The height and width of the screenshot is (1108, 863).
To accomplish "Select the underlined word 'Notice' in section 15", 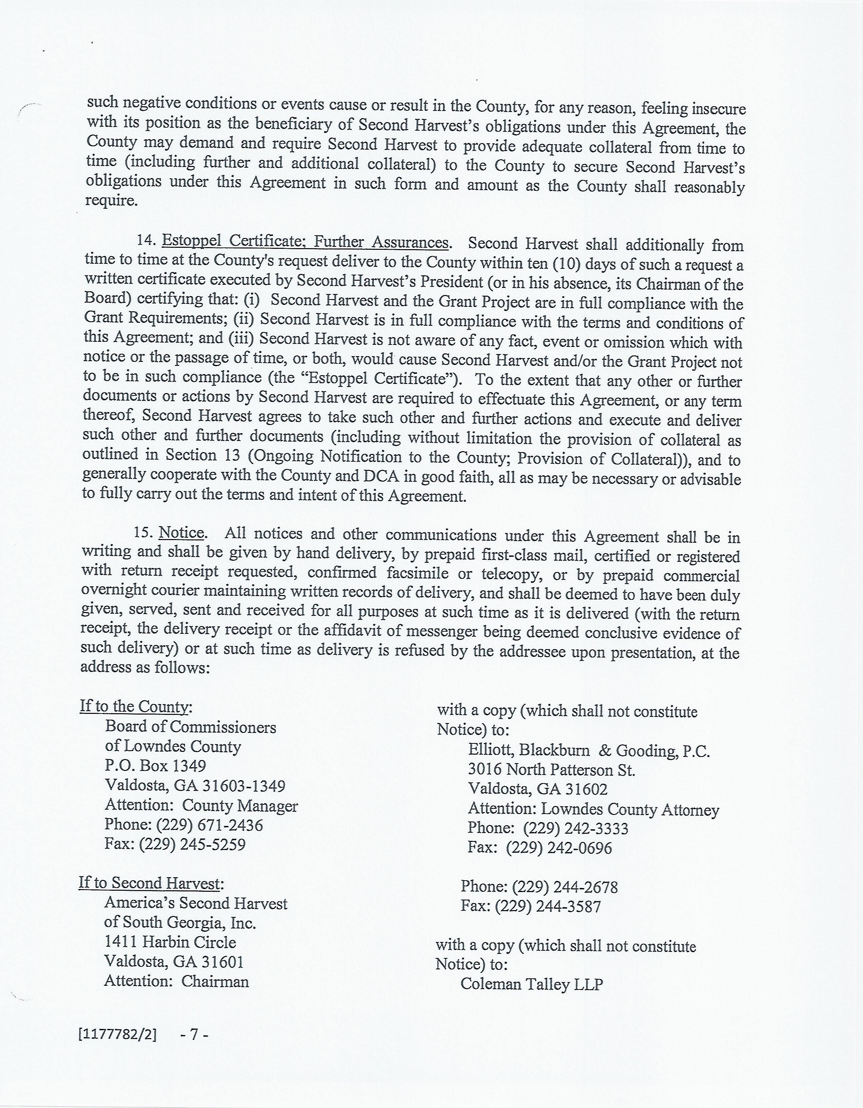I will [181, 533].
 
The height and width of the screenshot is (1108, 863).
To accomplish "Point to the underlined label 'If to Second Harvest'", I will [150, 883].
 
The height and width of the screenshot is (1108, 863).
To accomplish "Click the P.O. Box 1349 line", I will [156, 765].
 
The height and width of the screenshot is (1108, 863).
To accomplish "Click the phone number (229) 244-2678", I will [565, 887].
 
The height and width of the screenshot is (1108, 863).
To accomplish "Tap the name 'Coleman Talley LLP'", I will [531, 984].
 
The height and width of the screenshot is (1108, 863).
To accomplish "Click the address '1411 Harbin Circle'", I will [170, 942].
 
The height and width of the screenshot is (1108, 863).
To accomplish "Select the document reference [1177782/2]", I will [118, 1034].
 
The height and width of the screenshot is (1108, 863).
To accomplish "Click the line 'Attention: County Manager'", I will [201, 805].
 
